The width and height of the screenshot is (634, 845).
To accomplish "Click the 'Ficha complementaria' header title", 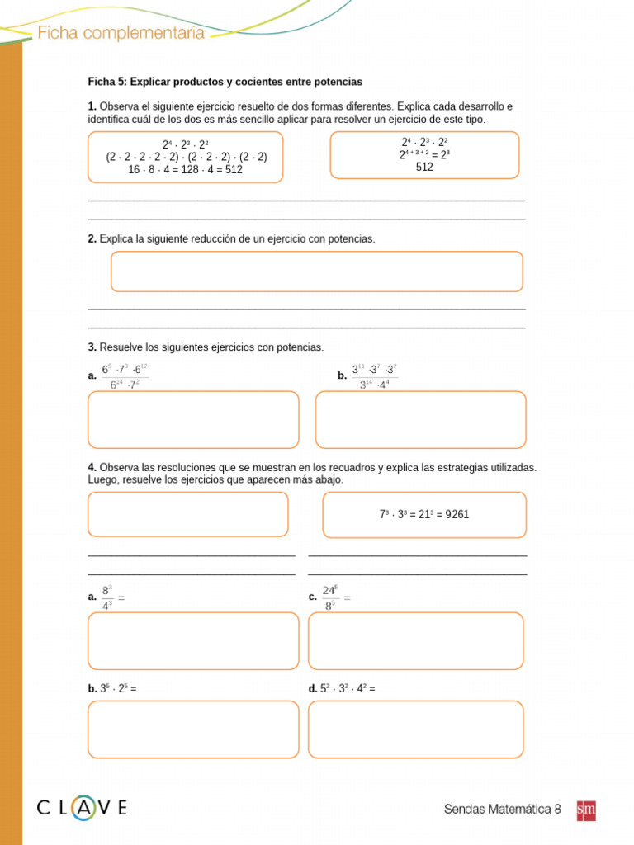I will (x=121, y=33).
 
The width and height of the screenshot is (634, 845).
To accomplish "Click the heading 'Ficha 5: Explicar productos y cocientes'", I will (x=225, y=82).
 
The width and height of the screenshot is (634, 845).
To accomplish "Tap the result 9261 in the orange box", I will (x=456, y=514).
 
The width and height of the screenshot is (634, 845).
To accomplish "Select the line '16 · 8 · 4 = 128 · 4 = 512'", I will (x=186, y=169).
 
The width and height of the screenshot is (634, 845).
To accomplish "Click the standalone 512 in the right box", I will (x=424, y=167).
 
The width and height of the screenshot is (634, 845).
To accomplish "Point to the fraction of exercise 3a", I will (x=125, y=375).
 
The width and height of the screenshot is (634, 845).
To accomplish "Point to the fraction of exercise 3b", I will (x=375, y=375).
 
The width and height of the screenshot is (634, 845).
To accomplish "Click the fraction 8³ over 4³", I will (x=107, y=597).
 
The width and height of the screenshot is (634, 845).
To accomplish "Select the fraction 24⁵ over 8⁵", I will (x=329, y=597).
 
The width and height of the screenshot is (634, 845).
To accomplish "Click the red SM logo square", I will (x=585, y=810).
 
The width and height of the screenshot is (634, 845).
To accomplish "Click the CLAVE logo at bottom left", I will (x=82, y=808).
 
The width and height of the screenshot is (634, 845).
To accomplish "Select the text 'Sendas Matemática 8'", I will (x=502, y=810).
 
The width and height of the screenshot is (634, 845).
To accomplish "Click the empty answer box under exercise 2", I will (x=317, y=271).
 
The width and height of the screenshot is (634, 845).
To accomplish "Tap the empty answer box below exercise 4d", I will (x=415, y=729).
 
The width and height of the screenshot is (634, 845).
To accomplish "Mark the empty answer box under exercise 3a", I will (x=193, y=419).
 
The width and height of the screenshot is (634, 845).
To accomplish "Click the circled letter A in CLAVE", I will (x=83, y=808).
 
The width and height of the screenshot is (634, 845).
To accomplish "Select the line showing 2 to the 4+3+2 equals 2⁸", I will (x=424, y=154).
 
